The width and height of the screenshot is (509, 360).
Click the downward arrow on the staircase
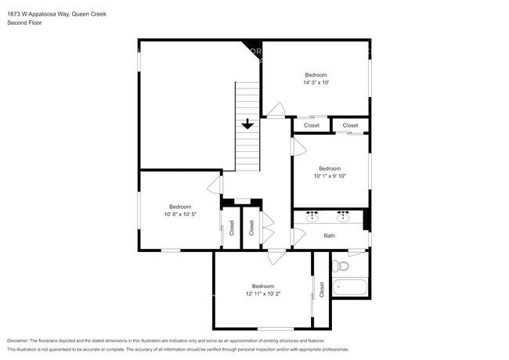[x=247, y=123]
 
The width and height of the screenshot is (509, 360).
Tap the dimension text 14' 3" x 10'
[x=316, y=82]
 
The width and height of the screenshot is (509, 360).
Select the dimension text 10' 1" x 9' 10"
[x=330, y=176]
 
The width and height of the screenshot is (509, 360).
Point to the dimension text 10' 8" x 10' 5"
[x=179, y=214]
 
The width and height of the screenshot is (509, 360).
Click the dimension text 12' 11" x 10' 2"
[x=262, y=293]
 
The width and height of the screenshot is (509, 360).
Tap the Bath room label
[x=330, y=236]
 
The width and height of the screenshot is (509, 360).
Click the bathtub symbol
[x=351, y=288]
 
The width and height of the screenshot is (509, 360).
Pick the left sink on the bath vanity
[x=312, y=214]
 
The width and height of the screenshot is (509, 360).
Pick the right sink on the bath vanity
[x=343, y=214]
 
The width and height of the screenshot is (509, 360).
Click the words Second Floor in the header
[x=24, y=23]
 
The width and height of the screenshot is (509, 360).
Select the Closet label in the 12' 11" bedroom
[x=321, y=289]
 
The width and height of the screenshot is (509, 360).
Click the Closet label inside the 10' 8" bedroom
[x=232, y=228]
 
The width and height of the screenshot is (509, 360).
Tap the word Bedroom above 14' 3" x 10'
[x=316, y=74]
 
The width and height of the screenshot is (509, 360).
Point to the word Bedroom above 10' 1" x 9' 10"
[x=330, y=168]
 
